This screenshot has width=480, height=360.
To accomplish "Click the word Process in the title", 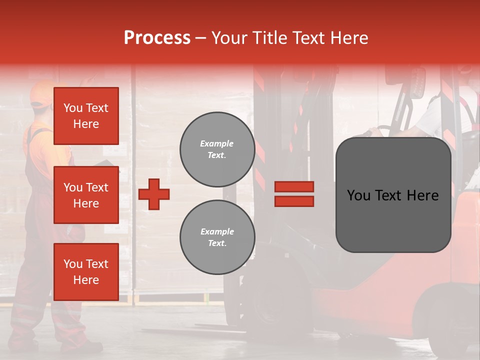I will [157, 38].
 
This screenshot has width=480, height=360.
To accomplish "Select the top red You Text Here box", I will [86, 116].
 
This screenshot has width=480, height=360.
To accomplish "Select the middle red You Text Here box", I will [86, 195].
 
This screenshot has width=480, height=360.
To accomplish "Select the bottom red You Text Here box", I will [86, 271].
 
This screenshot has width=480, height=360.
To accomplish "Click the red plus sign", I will [154, 194].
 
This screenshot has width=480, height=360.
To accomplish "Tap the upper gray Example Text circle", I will [217, 149].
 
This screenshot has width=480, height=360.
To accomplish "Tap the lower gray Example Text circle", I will [217, 237].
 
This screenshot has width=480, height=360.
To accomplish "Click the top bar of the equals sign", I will [294, 187].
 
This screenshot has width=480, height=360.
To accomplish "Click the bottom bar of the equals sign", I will [294, 201].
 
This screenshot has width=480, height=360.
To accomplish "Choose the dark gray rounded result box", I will [393, 195].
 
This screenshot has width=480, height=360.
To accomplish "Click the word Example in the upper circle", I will [217, 143].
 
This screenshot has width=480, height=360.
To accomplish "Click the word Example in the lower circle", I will [217, 231].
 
